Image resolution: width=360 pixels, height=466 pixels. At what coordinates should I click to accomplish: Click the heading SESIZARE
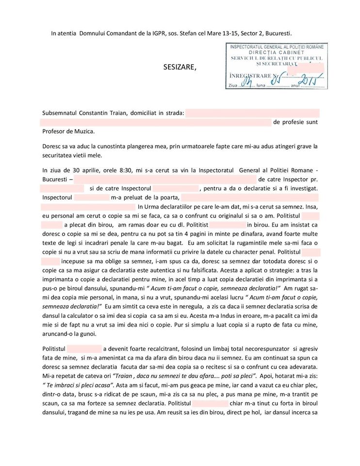click(x=180, y=67)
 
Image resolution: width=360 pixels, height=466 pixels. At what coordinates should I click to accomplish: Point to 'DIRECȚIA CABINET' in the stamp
click(x=277, y=52)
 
